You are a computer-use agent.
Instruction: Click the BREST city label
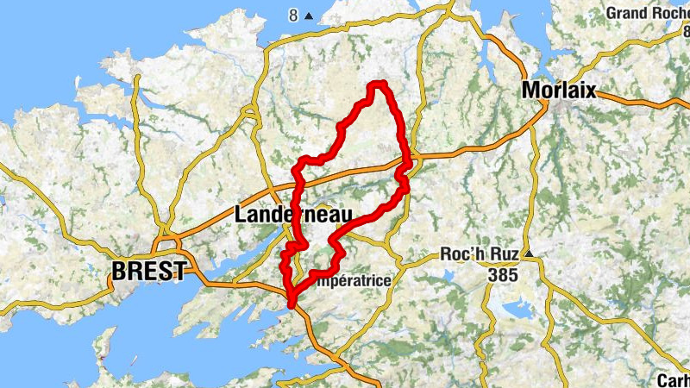(x=147, y=271)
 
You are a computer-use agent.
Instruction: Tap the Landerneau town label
(x=285, y=216)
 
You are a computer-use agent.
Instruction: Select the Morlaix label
(x=558, y=90)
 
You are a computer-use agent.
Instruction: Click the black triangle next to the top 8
(x=309, y=16)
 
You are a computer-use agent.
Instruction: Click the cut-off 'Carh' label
(x=673, y=379)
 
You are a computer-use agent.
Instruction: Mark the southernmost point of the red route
(x=292, y=304)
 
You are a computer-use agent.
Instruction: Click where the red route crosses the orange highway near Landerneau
(x=297, y=182)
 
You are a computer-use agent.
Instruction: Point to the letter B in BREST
(x=120, y=271)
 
